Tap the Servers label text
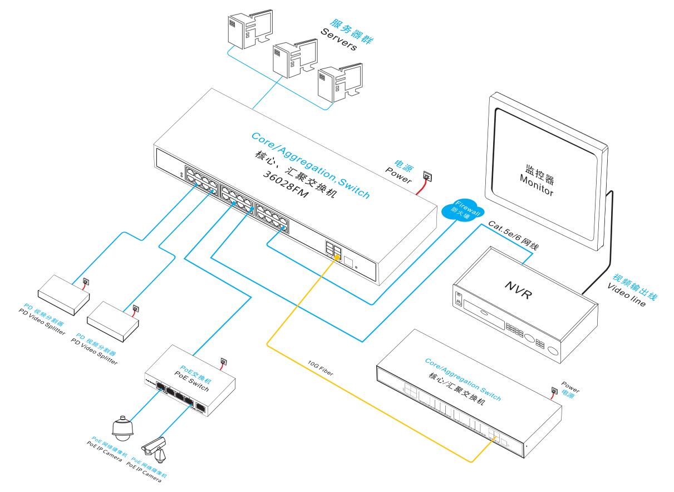(338, 38)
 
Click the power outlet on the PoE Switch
(224, 361)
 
